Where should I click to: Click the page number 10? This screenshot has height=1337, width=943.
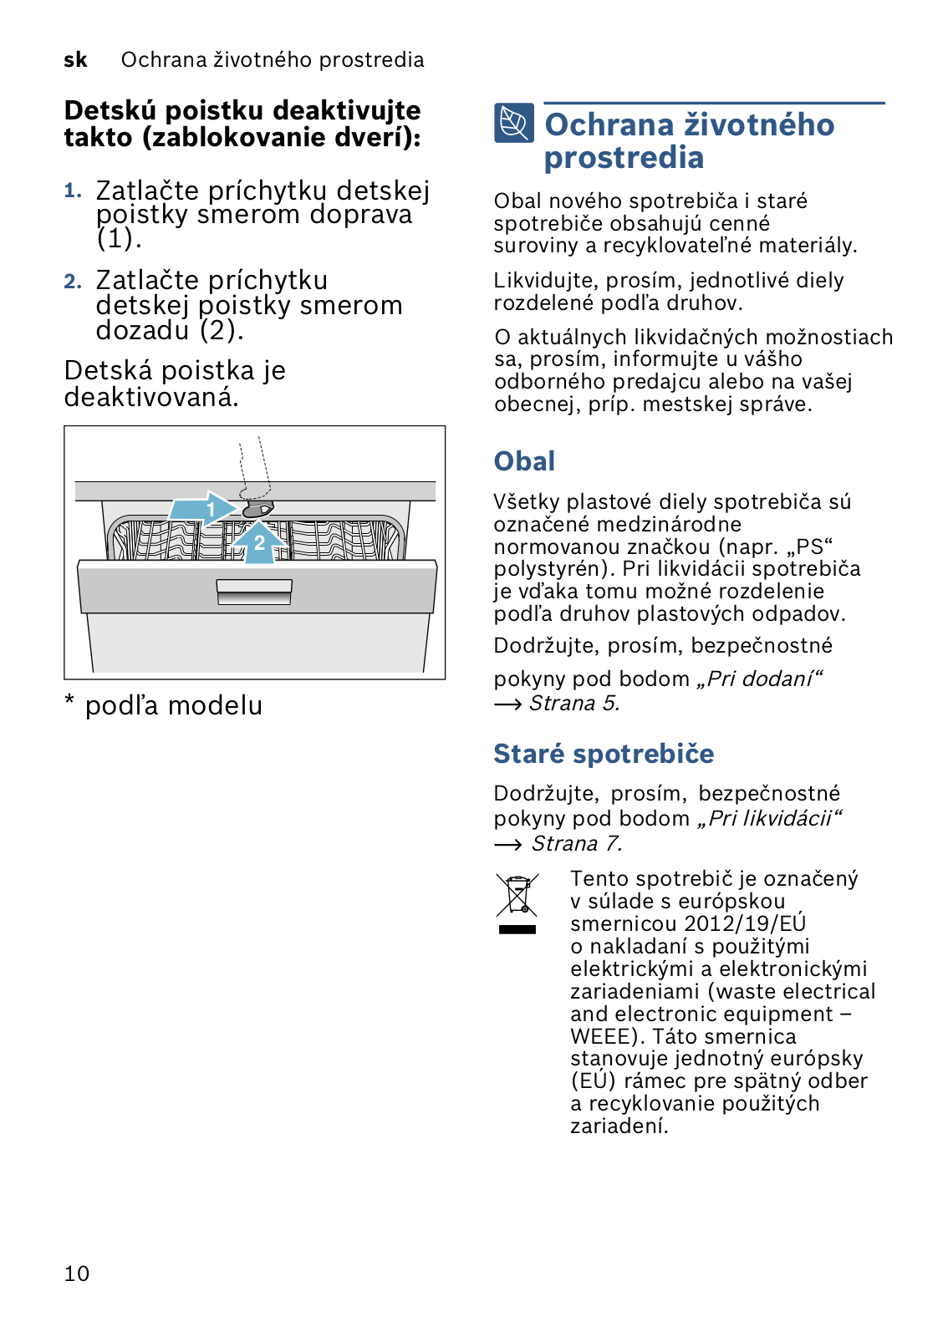tap(76, 1273)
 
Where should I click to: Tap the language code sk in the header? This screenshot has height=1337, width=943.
tap(75, 60)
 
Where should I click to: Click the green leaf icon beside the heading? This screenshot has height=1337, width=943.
tap(513, 124)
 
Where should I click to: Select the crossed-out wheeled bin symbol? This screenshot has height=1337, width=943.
tap(517, 897)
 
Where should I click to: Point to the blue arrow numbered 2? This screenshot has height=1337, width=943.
tap(259, 543)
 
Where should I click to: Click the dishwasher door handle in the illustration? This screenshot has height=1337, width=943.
tap(254, 592)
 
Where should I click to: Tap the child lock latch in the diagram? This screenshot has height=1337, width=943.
tap(257, 510)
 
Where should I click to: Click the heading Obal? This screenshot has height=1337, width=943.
tap(524, 461)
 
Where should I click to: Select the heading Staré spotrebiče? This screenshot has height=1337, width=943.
tap(604, 754)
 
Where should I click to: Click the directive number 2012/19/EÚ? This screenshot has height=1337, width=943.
tap(745, 923)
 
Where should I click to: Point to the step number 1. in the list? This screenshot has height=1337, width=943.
tap(73, 191)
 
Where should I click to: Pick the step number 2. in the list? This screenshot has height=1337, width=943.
tap(73, 282)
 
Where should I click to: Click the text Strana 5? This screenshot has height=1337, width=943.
tap(574, 704)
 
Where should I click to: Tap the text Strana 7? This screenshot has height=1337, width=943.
tap(577, 844)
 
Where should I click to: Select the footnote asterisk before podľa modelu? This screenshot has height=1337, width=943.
tap(70, 700)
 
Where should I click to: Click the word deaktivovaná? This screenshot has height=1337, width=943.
tap(151, 398)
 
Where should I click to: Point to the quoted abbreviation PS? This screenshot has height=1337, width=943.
tap(810, 546)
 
